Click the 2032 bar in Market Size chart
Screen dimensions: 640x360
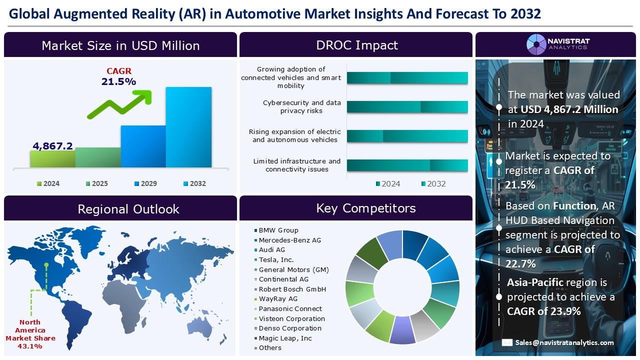188,127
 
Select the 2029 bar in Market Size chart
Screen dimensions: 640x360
143,146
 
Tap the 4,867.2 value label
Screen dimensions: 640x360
53,146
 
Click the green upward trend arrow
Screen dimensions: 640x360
119,104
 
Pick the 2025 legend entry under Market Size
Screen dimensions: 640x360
97,183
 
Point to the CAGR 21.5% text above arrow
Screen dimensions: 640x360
119,76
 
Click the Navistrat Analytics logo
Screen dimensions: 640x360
558,44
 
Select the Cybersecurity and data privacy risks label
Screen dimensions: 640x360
301,106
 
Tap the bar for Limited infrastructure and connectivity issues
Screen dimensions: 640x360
407,165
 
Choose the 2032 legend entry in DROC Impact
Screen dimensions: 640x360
433,183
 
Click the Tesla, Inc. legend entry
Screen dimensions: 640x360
273,259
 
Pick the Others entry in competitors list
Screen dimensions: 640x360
267,347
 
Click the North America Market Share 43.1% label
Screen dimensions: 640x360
30,334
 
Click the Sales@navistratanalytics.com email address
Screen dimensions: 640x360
564,342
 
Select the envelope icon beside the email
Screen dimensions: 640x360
507,342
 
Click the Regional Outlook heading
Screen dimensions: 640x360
128,209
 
